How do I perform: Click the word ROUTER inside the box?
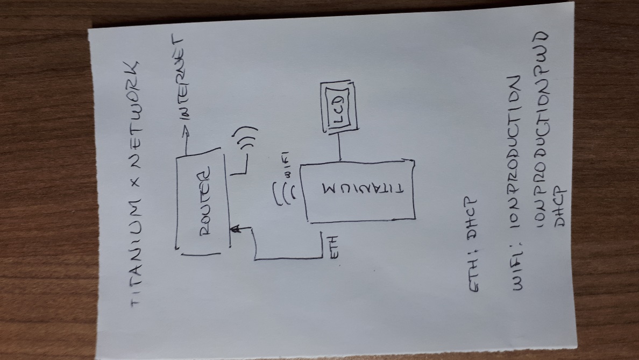pos(206,201)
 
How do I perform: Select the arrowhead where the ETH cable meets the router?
pos(236,229)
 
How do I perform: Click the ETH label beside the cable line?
pos(333,246)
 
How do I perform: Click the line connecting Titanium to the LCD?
pos(339,146)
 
